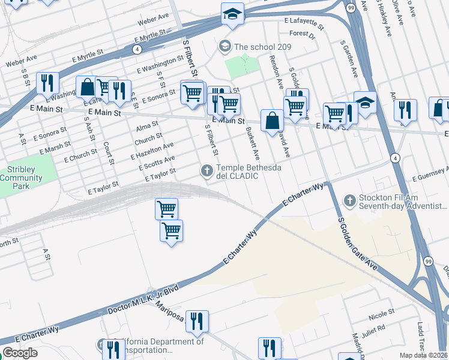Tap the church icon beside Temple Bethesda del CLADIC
(x=207, y=172)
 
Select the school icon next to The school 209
(x=225, y=46)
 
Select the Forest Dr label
(x=302, y=34)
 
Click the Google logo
(x=20, y=353)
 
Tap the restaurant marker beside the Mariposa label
(x=196, y=322)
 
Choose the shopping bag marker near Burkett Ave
(x=273, y=120)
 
